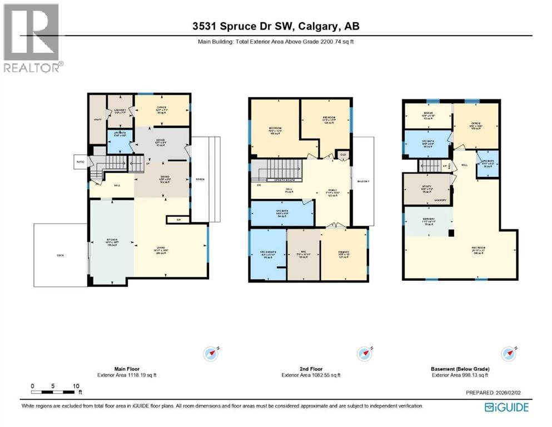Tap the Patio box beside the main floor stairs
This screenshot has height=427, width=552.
coord(80,162)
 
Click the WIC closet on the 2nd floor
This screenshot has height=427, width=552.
coord(304,254)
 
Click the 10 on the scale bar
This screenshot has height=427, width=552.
coord(76,385)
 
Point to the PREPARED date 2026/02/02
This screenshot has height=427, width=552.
coord(509,392)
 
